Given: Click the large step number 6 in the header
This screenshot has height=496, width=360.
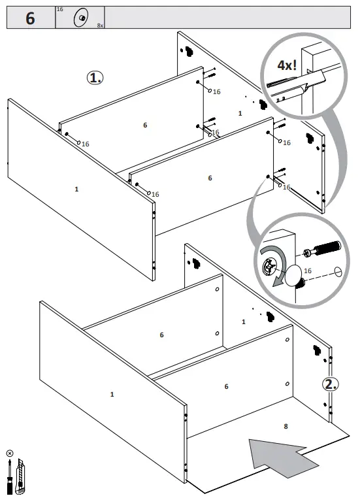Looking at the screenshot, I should pyautogui.click(x=30, y=18).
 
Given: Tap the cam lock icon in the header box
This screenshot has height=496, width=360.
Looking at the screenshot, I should pyautogui.click(x=81, y=18).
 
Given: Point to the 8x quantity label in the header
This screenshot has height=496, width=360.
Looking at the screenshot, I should pyautogui.click(x=99, y=25).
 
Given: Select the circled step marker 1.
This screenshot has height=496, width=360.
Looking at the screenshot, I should pyautogui.click(x=95, y=78).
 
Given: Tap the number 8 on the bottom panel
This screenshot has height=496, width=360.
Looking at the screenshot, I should pyautogui.click(x=286, y=427).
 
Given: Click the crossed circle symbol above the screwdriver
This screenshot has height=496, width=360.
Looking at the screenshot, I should pyautogui.click(x=10, y=454).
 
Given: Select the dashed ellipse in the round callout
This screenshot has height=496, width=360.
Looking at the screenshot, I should pyautogui.click(x=337, y=272).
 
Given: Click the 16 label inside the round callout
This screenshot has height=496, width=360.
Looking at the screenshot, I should pyautogui.click(x=308, y=270).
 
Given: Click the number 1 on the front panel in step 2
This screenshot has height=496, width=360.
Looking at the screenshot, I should pyautogui.click(x=112, y=394).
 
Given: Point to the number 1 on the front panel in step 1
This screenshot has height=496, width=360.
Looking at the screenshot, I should pyautogui.click(x=76, y=189).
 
